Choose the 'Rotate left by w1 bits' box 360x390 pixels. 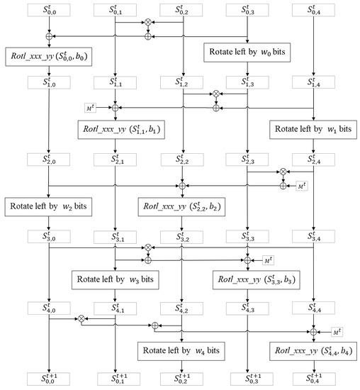[x=312, y=130]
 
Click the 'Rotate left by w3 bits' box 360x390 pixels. [x=115, y=279]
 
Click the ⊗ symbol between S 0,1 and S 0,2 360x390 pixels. [x=148, y=23]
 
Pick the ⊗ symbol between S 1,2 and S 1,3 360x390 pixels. [x=216, y=94]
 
